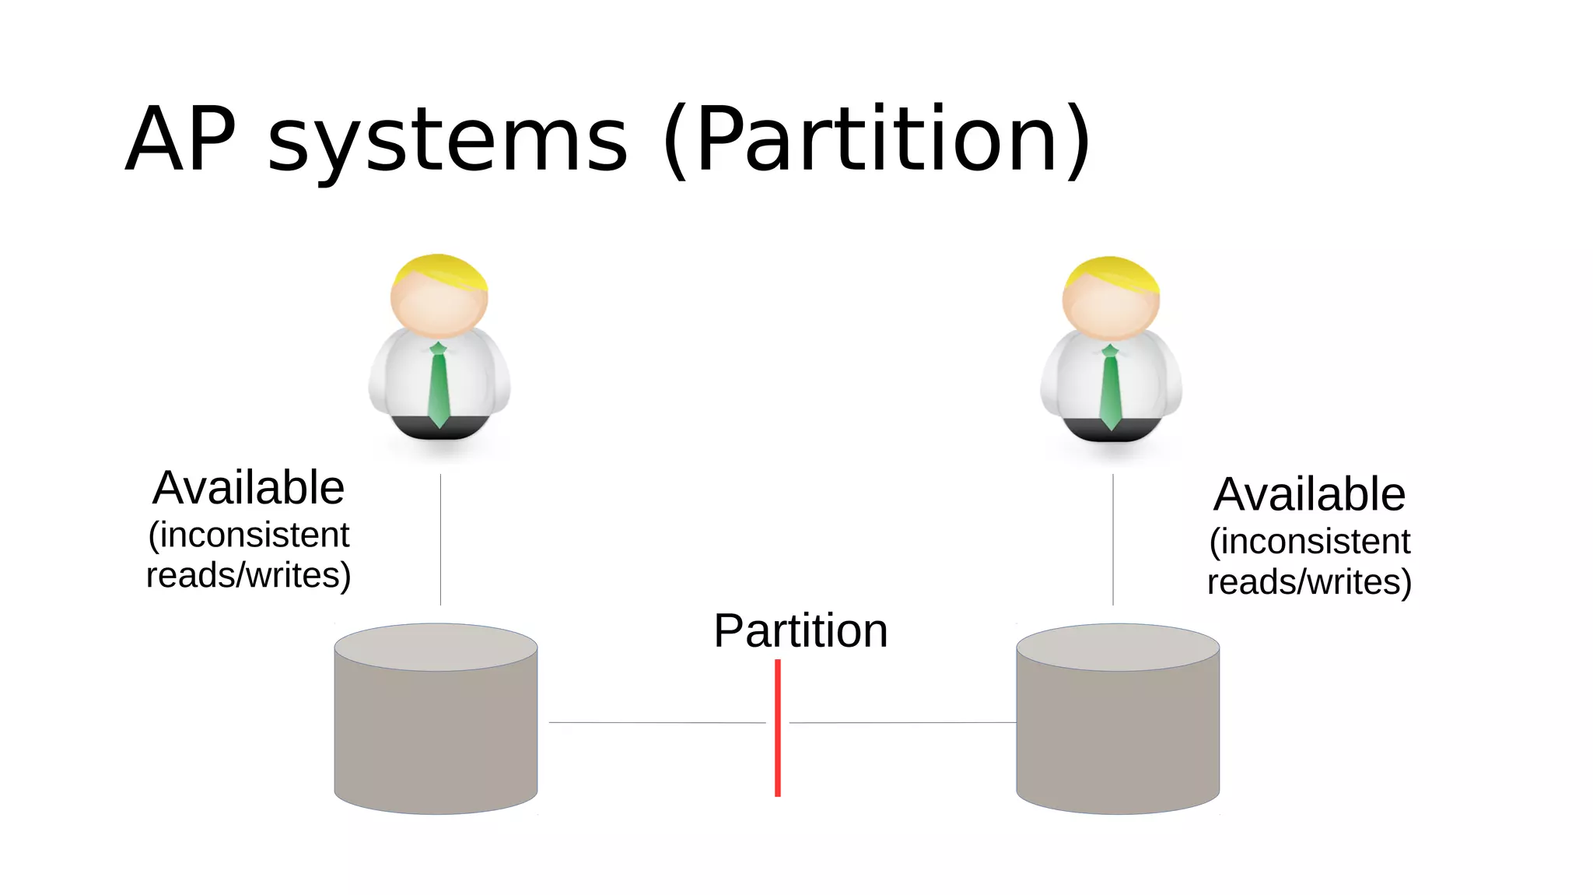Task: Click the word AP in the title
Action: point(180,140)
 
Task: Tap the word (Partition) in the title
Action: point(877,140)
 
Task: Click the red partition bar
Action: point(777,728)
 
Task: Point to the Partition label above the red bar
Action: point(800,630)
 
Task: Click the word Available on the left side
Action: point(248,488)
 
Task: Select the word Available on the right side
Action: point(1309,494)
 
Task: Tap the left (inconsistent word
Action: point(248,535)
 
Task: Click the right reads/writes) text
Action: point(1309,582)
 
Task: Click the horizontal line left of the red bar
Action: point(657,722)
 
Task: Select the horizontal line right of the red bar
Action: point(902,722)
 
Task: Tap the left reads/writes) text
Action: point(248,576)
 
